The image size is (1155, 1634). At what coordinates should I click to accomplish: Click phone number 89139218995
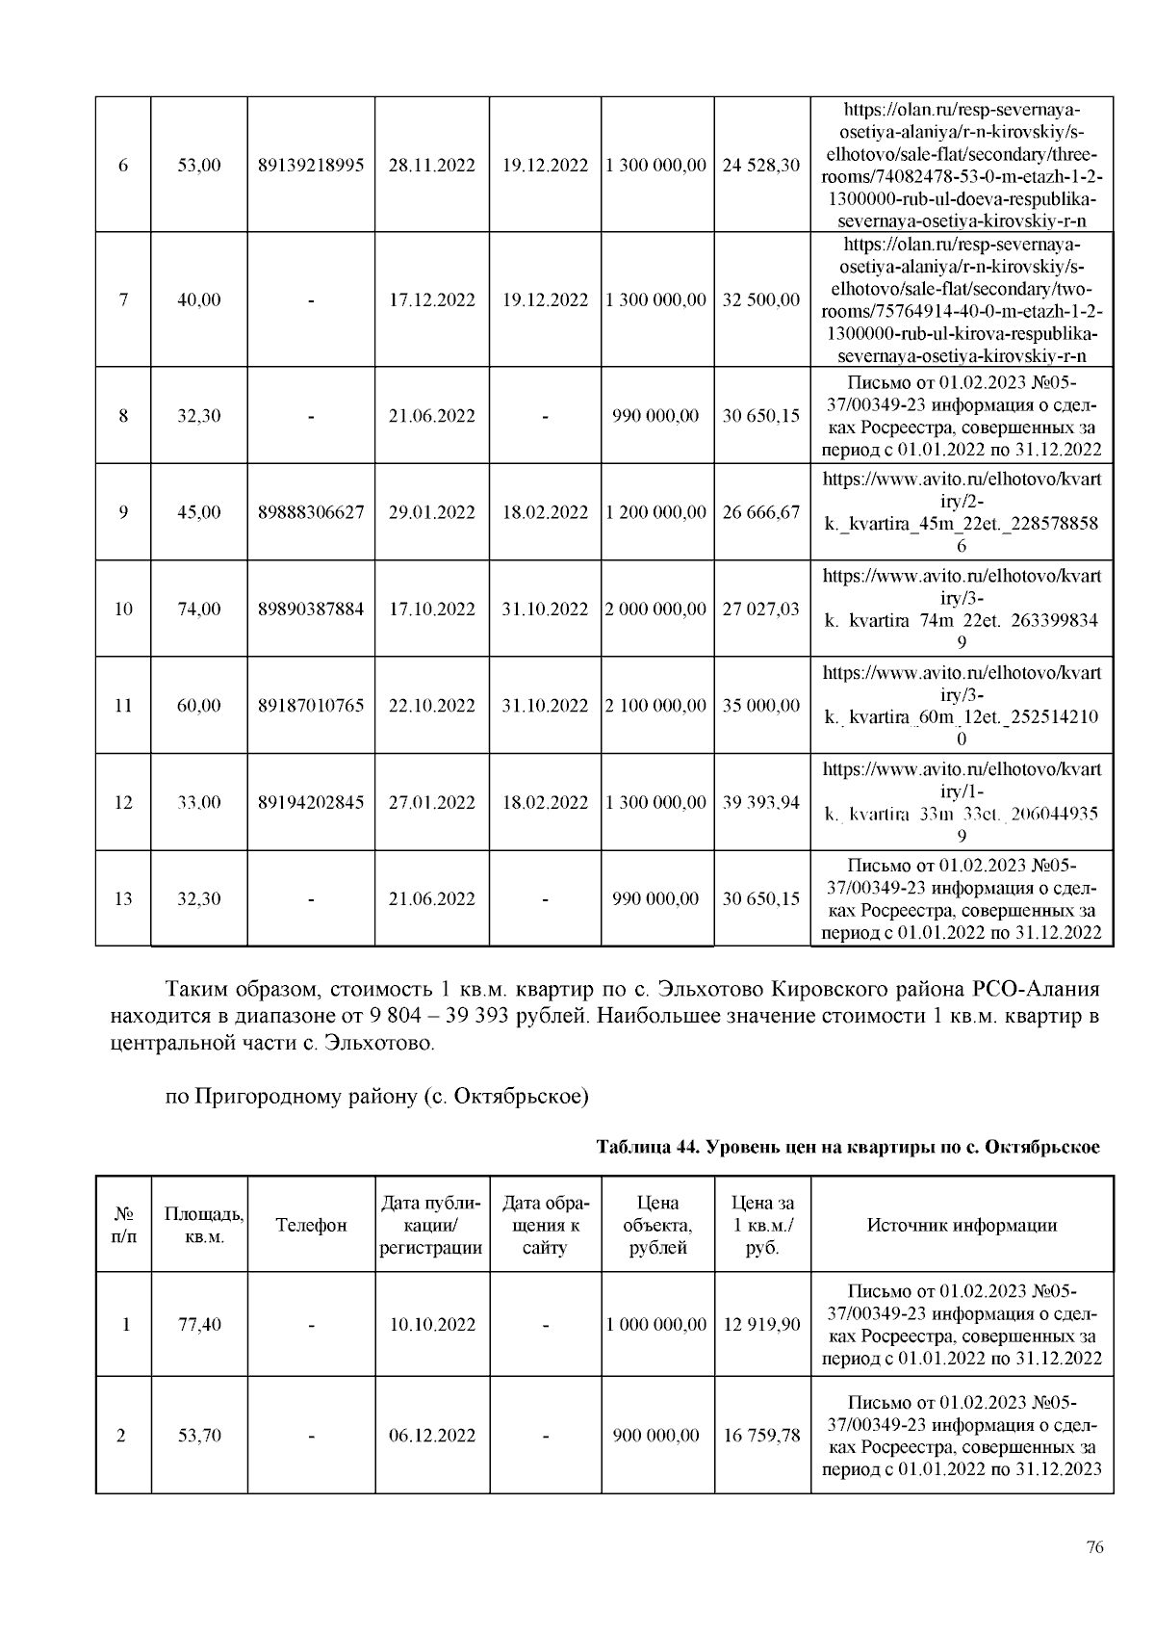tap(311, 165)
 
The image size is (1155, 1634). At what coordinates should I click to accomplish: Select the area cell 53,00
tap(199, 165)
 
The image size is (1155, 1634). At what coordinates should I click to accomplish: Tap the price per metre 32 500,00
tap(761, 299)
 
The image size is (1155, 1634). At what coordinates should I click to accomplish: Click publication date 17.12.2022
tap(432, 299)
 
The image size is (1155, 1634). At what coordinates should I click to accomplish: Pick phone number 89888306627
tap(311, 512)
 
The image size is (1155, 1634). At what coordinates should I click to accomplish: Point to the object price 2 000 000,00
tap(656, 609)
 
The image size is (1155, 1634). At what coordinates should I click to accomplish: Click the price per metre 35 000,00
tap(761, 705)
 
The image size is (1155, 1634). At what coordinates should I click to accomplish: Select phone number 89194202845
tap(311, 802)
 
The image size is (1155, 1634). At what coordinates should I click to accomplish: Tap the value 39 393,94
tap(761, 802)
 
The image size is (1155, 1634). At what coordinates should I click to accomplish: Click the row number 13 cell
tap(123, 898)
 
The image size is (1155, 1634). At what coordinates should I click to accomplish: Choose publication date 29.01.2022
tap(432, 512)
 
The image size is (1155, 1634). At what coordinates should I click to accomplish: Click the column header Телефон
tap(311, 1225)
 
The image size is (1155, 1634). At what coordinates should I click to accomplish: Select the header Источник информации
tap(962, 1225)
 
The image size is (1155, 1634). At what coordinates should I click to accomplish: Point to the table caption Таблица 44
tap(848, 1147)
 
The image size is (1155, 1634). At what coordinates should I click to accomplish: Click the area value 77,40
tap(199, 1324)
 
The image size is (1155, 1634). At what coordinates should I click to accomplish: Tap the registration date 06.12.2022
tap(432, 1435)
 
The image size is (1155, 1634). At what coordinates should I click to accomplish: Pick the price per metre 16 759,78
tap(761, 1435)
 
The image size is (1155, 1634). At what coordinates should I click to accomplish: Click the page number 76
tap(1094, 1548)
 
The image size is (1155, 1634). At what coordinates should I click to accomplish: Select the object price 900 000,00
tap(656, 1435)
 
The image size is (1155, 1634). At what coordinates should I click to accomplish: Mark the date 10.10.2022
tap(432, 1324)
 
